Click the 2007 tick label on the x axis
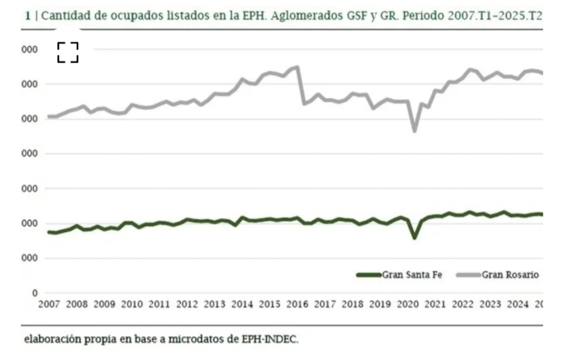click(x=48, y=304)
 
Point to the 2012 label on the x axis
click(x=187, y=304)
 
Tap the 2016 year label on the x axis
click(x=297, y=304)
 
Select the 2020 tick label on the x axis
click(x=408, y=304)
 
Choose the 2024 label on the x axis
click(x=518, y=304)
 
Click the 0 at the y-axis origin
click(x=35, y=293)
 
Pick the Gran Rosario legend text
click(x=510, y=275)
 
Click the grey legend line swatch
click(x=469, y=275)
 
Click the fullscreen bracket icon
click(x=68, y=52)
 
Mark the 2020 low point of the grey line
click(x=415, y=130)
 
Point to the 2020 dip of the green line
click(x=415, y=237)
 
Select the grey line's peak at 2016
click(x=297, y=67)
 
